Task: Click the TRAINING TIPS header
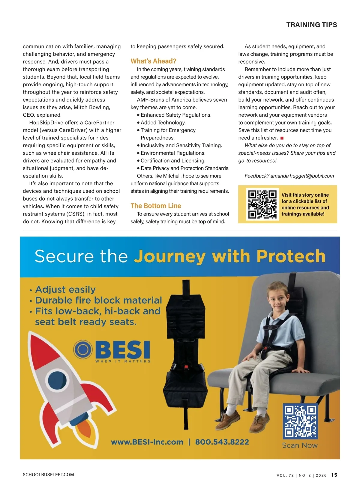(311, 25)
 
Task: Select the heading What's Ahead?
(153, 61)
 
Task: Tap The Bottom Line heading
(156, 206)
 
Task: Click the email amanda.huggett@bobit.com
(302, 176)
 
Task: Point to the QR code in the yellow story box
(262, 204)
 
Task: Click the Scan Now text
(300, 445)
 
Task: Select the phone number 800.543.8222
(222, 442)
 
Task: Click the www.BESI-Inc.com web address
(147, 442)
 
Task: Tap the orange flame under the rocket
(85, 432)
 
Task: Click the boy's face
(278, 301)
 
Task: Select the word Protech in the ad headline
(291, 257)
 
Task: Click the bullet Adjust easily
(65, 290)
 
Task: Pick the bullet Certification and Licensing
(173, 161)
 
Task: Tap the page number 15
(334, 475)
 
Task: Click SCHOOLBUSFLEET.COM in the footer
(48, 475)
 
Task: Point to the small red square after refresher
(282, 138)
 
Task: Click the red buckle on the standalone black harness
(186, 367)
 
